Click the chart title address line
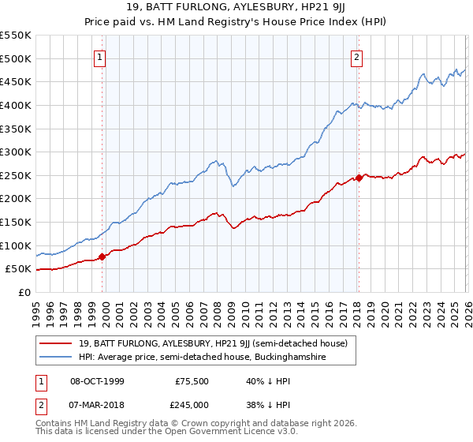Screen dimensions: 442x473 coord(236,9)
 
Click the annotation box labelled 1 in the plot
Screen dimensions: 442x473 coord(101,57)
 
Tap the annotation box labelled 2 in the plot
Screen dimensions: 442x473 coord(357,57)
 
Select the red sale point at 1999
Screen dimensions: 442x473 coord(102,257)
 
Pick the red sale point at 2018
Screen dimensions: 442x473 coord(358,178)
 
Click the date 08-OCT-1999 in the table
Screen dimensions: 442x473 coord(97,381)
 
